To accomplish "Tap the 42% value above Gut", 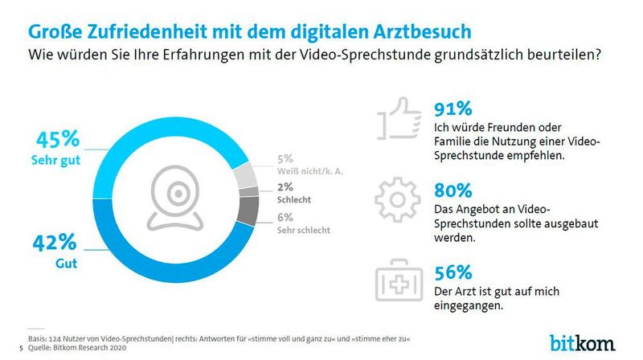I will [54, 244].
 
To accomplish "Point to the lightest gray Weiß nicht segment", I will [246, 174].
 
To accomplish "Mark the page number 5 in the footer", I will [19, 348].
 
